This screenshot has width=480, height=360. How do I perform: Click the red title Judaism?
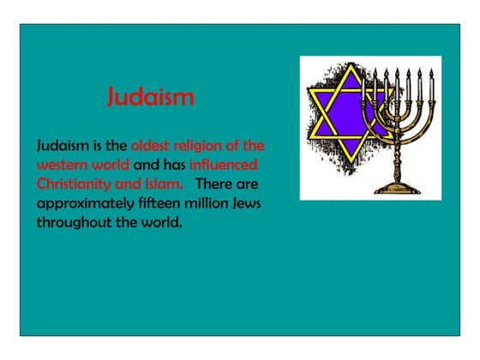pos(150,97)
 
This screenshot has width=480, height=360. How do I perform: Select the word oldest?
pos(153,146)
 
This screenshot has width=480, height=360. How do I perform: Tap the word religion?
pos(205,146)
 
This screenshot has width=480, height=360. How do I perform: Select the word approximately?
pos(82,203)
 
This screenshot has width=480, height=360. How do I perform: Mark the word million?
pos(209,203)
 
